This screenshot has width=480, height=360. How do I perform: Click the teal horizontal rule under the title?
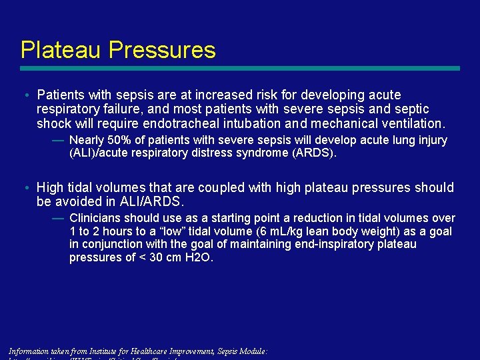click(240, 68)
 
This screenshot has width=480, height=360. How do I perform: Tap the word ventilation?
click(412, 123)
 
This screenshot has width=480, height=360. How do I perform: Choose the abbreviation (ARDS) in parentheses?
click(317, 153)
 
